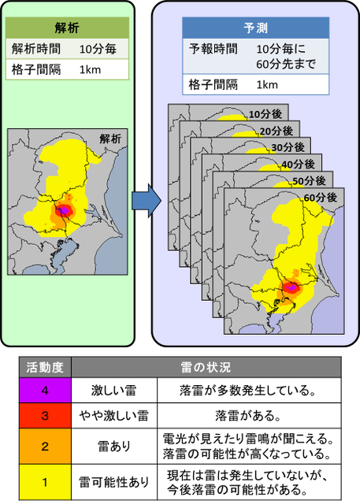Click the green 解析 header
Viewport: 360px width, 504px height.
coord(68,26)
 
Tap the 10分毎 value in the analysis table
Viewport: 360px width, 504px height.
coord(98,48)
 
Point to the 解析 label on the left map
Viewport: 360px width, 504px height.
coord(110,138)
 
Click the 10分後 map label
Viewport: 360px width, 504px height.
coord(259,115)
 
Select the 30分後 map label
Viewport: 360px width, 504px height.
coord(281,147)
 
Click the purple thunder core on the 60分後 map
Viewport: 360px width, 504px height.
coord(291,288)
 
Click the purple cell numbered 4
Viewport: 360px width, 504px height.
coord(45,388)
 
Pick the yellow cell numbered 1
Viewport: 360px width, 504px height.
coord(45,482)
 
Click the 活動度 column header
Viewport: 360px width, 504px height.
coord(45,367)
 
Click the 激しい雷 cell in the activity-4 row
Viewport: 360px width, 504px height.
coord(115,388)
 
